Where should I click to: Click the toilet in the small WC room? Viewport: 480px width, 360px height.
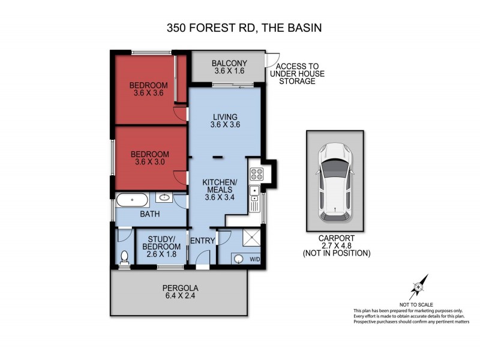click(125, 257)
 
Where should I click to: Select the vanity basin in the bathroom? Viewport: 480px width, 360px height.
click(164, 197)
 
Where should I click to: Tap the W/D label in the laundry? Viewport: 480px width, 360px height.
click(255, 260)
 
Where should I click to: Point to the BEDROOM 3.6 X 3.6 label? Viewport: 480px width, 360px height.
click(149, 89)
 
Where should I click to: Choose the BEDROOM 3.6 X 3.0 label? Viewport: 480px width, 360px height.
click(150, 158)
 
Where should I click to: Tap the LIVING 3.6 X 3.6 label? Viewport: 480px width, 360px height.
click(225, 121)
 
